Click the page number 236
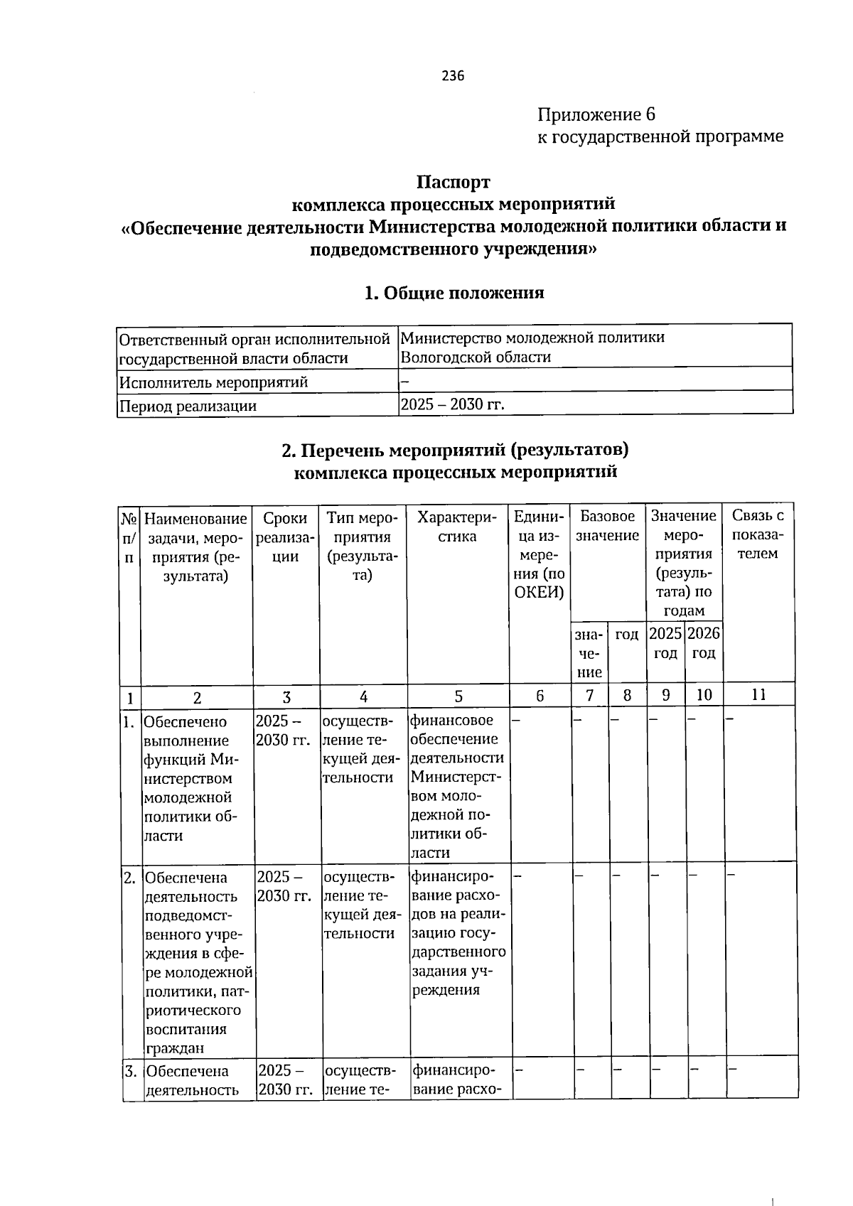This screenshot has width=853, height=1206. pos(453,76)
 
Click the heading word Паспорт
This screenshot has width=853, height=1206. pos(453,182)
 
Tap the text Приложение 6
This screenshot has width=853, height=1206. pos(596,114)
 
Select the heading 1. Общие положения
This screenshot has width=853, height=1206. pos(454,293)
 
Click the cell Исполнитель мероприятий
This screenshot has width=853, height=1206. pos(213,382)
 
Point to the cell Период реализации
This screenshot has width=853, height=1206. pos(188,406)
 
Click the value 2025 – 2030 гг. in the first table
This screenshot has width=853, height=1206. pos(452,404)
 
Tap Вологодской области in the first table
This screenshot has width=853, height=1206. pos(476,357)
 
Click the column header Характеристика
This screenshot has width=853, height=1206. pos(458,527)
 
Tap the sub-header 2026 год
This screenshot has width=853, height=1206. pos(704,642)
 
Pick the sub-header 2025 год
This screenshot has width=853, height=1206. pos(665,642)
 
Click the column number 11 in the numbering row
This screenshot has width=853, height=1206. pos(758,695)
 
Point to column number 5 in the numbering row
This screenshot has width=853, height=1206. pos(458,696)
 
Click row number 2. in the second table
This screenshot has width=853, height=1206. pos(130,878)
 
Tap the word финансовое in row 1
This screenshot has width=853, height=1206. pos(451,721)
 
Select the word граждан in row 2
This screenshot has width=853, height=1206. pos(175,1048)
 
